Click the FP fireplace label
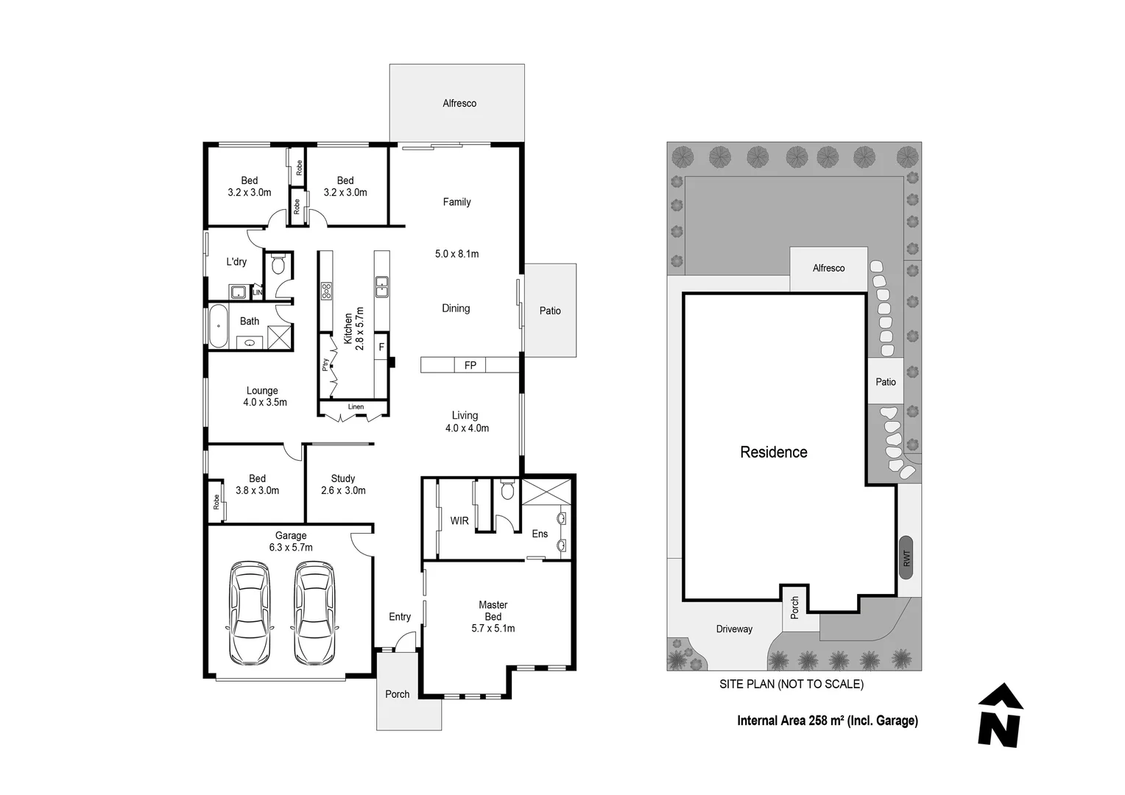pyautogui.click(x=470, y=365)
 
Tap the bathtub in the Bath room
pyautogui.click(x=218, y=326)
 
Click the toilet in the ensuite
pyautogui.click(x=507, y=490)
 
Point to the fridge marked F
pyautogui.click(x=381, y=347)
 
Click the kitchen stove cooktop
pyautogui.click(x=326, y=291)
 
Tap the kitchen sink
pyautogui.click(x=381, y=286)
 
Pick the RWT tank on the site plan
pyautogui.click(x=906, y=557)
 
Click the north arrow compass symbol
pyautogui.click(x=999, y=715)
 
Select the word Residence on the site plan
pyautogui.click(x=773, y=452)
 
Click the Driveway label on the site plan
pyautogui.click(x=734, y=629)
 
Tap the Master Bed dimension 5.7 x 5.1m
pyautogui.click(x=493, y=628)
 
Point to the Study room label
pyautogui.click(x=343, y=478)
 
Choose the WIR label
pyautogui.click(x=459, y=520)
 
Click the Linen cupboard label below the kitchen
pyautogui.click(x=356, y=407)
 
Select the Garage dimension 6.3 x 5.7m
pyautogui.click(x=291, y=548)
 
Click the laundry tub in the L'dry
pyautogui.click(x=238, y=291)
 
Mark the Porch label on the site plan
pyautogui.click(x=794, y=608)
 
